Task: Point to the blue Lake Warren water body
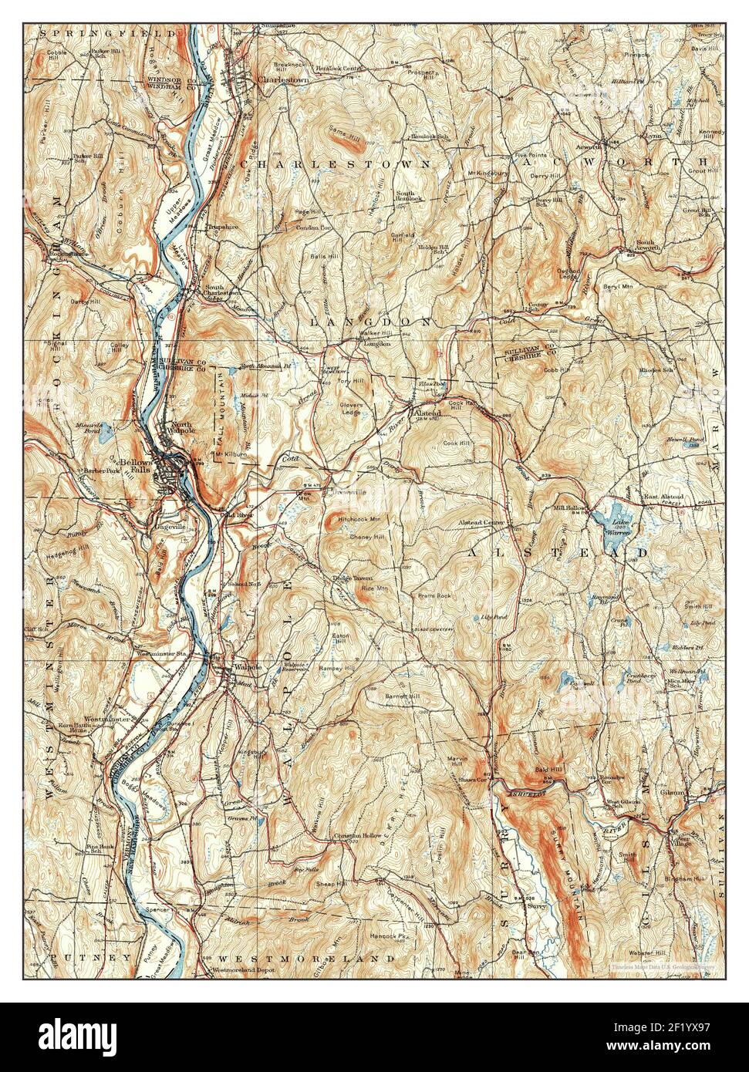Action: pos(618,514)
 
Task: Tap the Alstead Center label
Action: pos(481,523)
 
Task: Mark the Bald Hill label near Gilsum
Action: pos(547,770)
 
